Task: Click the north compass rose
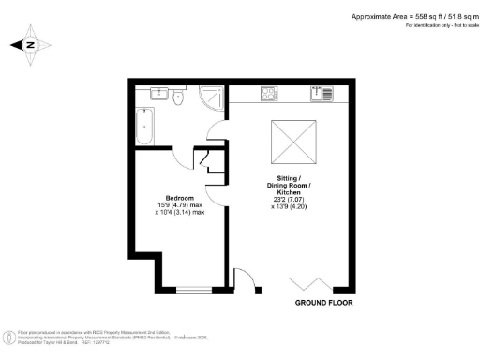pos(30,44)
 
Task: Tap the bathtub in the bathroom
pos(145,127)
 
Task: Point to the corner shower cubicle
pos(208,96)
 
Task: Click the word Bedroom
pos(179,198)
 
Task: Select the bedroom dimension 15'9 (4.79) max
pos(179,205)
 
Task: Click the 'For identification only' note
pos(441,26)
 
